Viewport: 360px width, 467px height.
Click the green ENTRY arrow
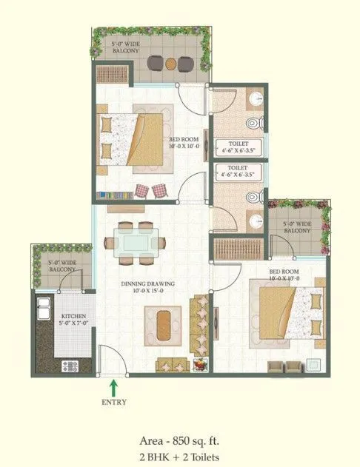pos(113,387)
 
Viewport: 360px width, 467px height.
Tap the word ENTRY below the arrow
pos(113,403)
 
